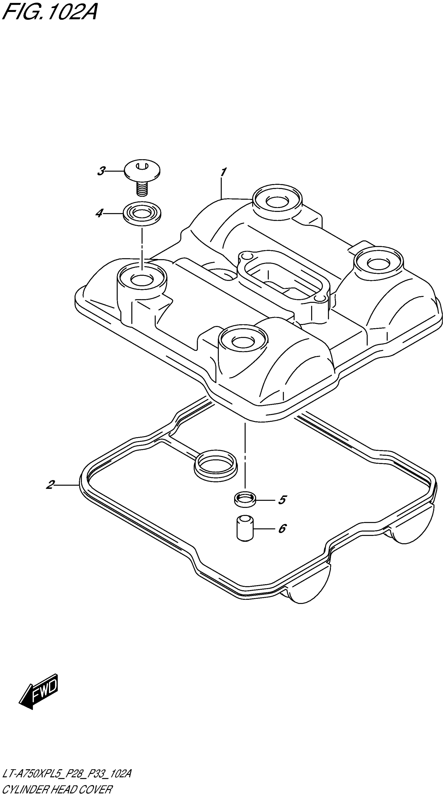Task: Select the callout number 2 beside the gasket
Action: tap(50, 485)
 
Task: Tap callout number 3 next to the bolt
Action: tap(101, 171)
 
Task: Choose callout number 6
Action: tap(282, 528)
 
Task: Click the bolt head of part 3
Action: tap(142, 170)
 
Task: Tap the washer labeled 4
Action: tap(142, 214)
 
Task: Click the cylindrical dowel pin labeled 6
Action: tap(245, 528)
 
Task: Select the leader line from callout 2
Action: tap(67, 485)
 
